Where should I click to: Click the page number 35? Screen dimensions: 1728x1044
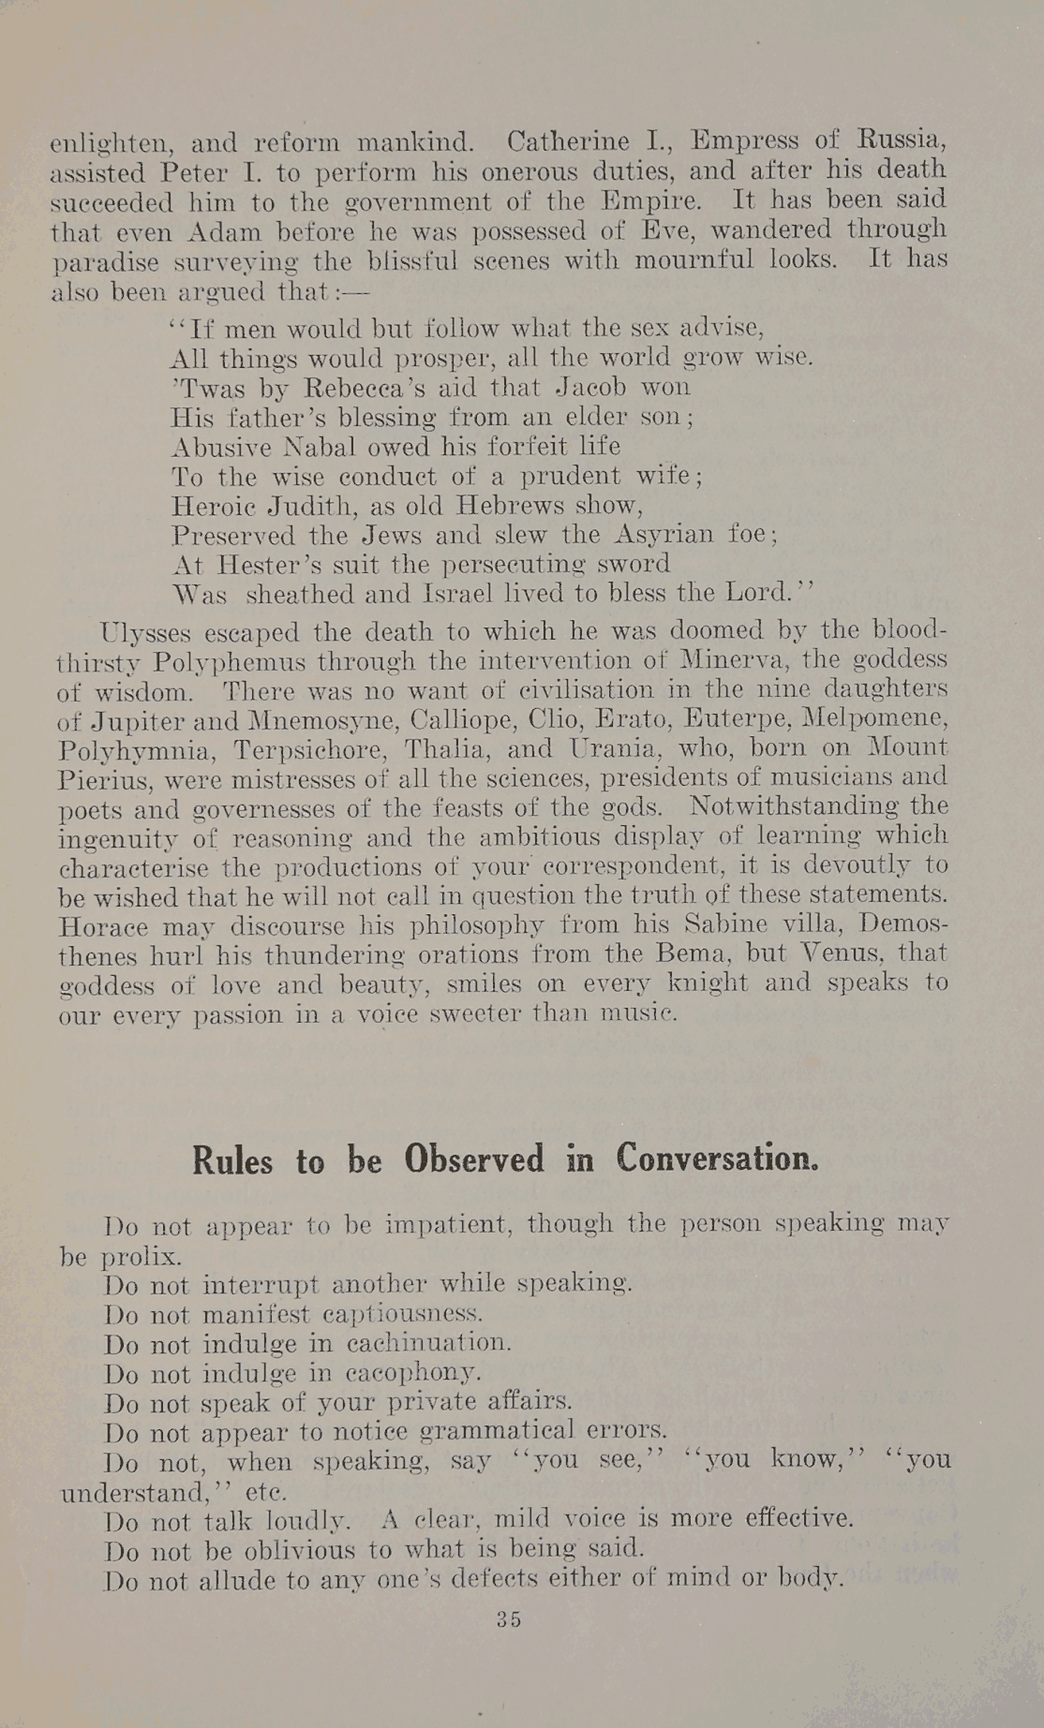click(510, 1619)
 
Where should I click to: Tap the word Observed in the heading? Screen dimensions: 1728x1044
click(474, 1159)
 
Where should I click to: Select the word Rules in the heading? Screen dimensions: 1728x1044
click(232, 1161)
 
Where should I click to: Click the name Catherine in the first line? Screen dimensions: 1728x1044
click(568, 142)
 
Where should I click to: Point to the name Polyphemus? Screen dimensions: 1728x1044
click(231, 661)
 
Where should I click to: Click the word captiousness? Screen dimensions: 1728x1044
click(412, 1314)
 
